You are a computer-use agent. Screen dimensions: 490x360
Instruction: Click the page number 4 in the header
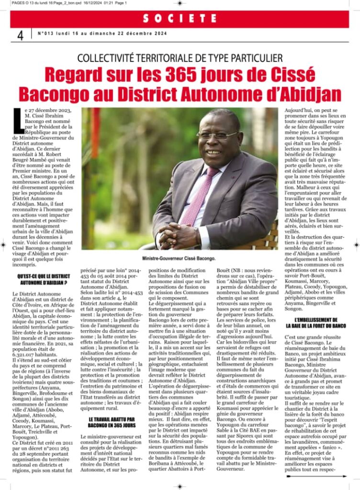[x=20, y=35]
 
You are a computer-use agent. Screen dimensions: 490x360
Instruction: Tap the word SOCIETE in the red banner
[x=180, y=18]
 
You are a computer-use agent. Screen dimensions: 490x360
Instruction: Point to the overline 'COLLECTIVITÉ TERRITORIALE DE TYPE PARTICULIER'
[x=180, y=58]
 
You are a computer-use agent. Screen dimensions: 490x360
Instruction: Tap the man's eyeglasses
[x=215, y=135]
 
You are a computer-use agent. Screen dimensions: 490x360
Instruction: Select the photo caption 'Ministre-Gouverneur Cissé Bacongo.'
[x=179, y=258]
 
